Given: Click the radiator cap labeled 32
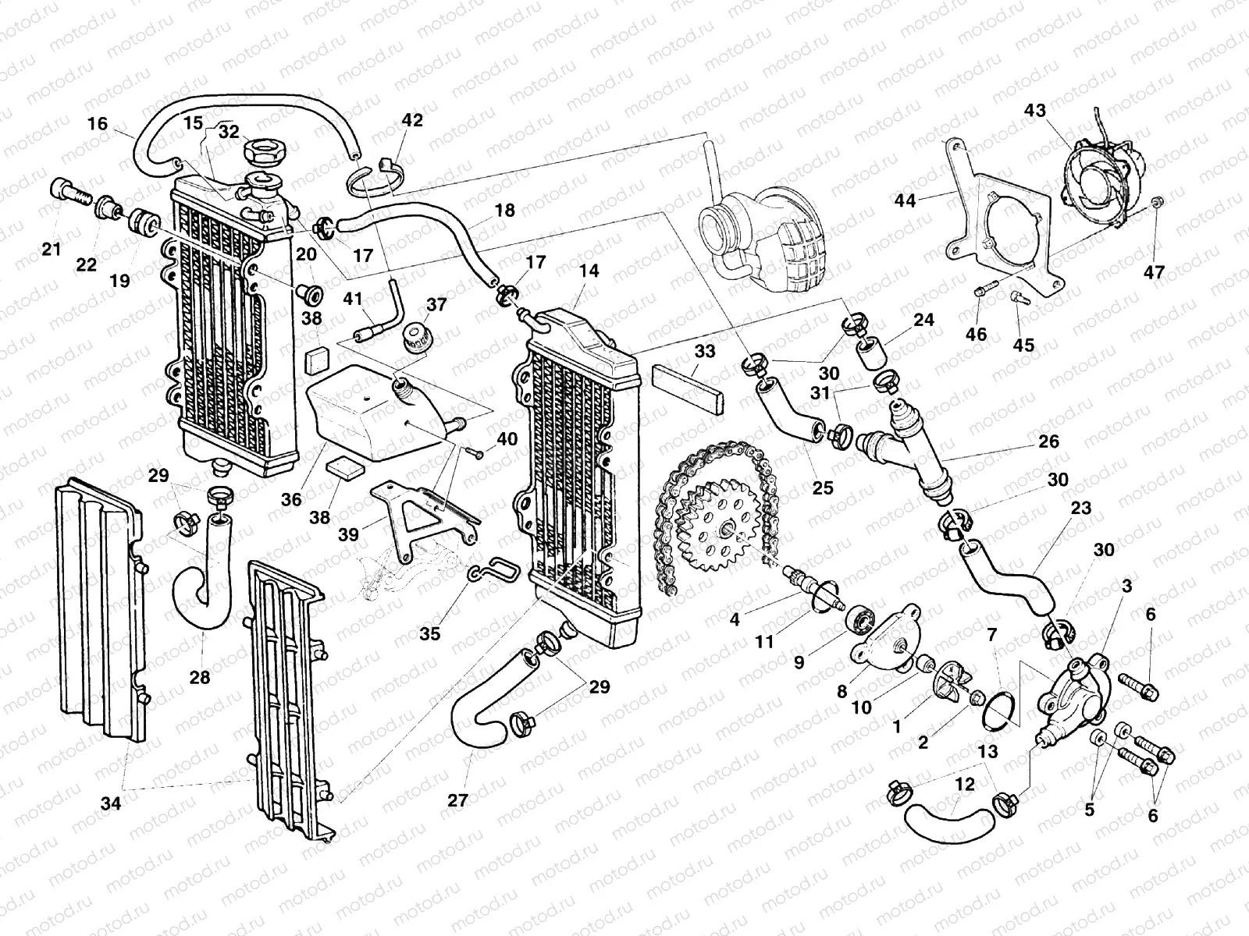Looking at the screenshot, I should pyautogui.click(x=265, y=150).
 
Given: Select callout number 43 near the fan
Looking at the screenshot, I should pyautogui.click(x=1035, y=112).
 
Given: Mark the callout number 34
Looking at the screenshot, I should pyautogui.click(x=111, y=803).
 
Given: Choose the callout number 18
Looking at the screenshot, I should pyautogui.click(x=505, y=210).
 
